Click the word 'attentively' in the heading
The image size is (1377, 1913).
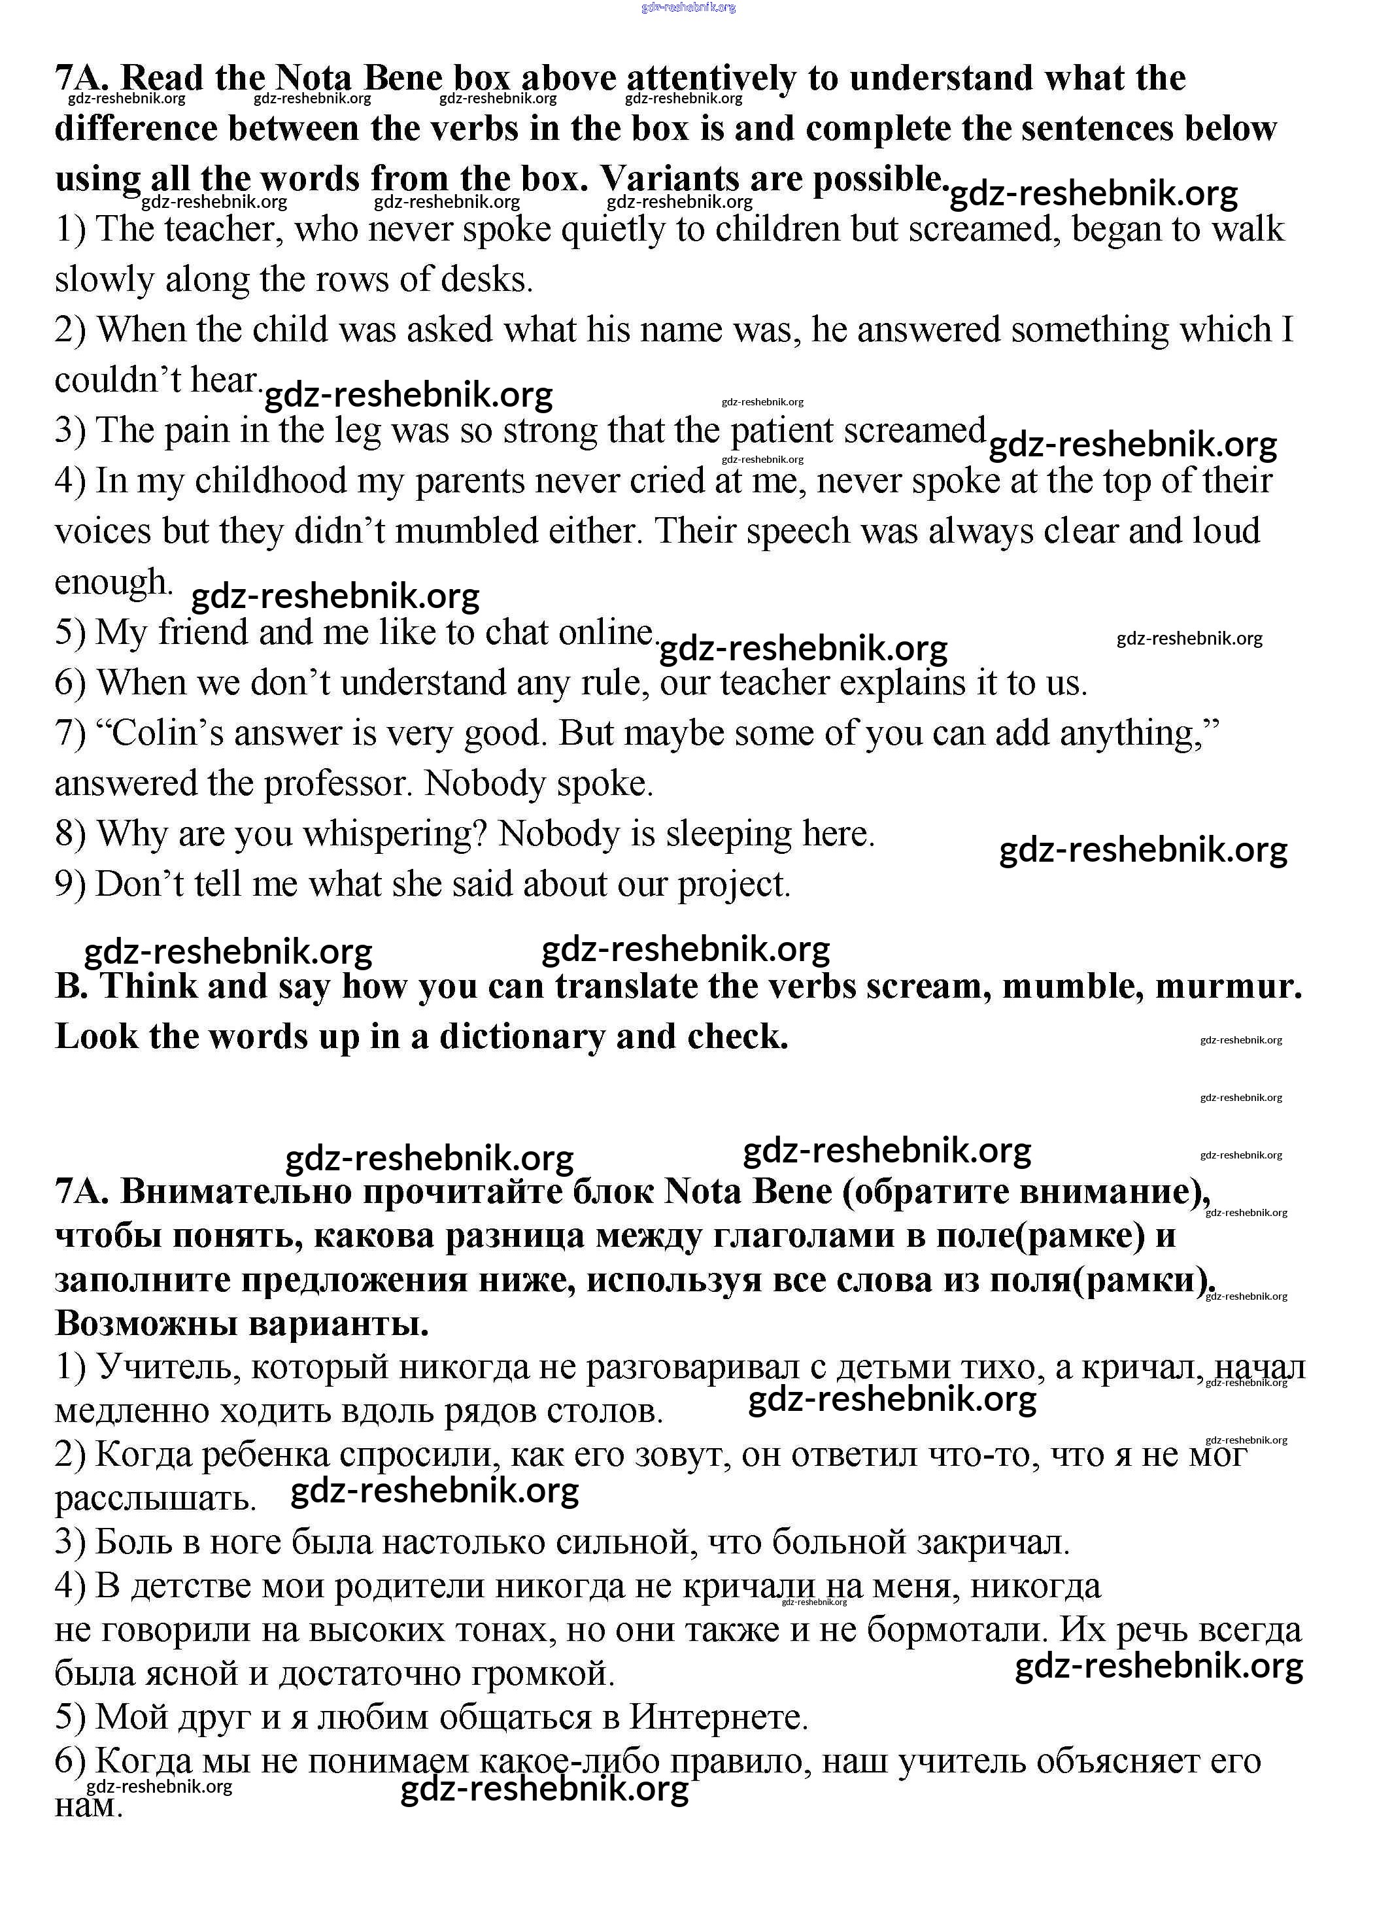coord(711,78)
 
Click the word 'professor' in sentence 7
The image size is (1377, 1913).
coord(337,784)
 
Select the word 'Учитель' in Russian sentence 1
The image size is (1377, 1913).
coord(160,1367)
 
